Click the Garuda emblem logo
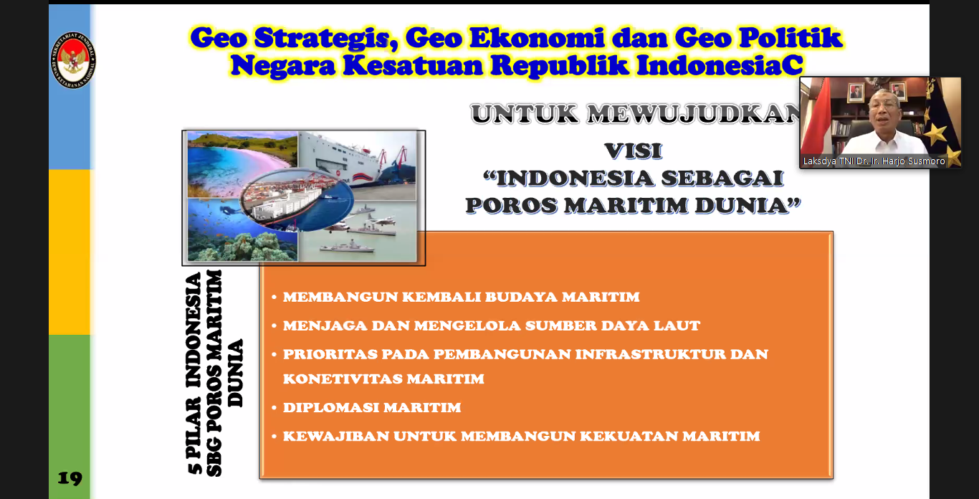pos(73,60)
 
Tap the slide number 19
pos(70,478)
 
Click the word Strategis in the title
pos(327,39)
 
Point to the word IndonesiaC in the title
pos(720,65)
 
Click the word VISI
pos(634,151)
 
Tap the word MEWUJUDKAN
pos(694,114)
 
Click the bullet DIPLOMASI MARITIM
pos(372,408)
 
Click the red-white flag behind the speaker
pos(816,118)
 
